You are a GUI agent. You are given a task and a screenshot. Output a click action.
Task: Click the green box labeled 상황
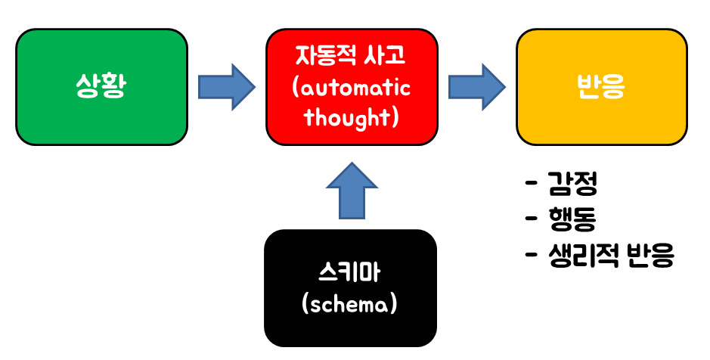(x=101, y=87)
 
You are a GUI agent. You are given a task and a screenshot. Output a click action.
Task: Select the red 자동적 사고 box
(x=352, y=87)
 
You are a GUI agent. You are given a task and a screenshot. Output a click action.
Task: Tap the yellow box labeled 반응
(x=602, y=87)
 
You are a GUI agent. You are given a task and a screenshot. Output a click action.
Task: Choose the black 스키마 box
(x=351, y=287)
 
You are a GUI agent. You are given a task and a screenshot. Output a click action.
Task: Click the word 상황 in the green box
(x=101, y=87)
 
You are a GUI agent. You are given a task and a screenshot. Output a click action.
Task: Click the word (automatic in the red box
(x=352, y=87)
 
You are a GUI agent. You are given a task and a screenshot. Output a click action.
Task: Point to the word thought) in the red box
(x=352, y=117)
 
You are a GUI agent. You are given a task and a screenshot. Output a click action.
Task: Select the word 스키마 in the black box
(x=351, y=272)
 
